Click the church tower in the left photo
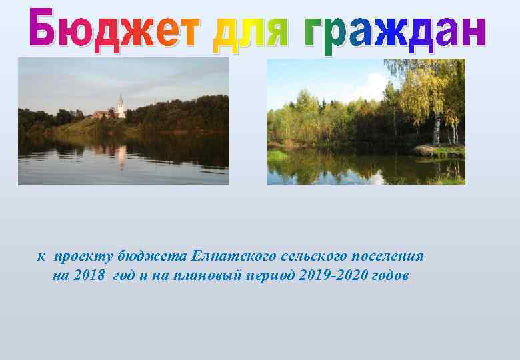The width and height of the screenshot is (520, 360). click(x=121, y=106)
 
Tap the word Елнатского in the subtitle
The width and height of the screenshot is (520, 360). click(x=225, y=256)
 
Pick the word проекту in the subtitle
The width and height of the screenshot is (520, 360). click(x=83, y=256)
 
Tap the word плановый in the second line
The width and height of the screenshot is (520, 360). click(x=206, y=276)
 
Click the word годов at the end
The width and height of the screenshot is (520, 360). click(x=389, y=276)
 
